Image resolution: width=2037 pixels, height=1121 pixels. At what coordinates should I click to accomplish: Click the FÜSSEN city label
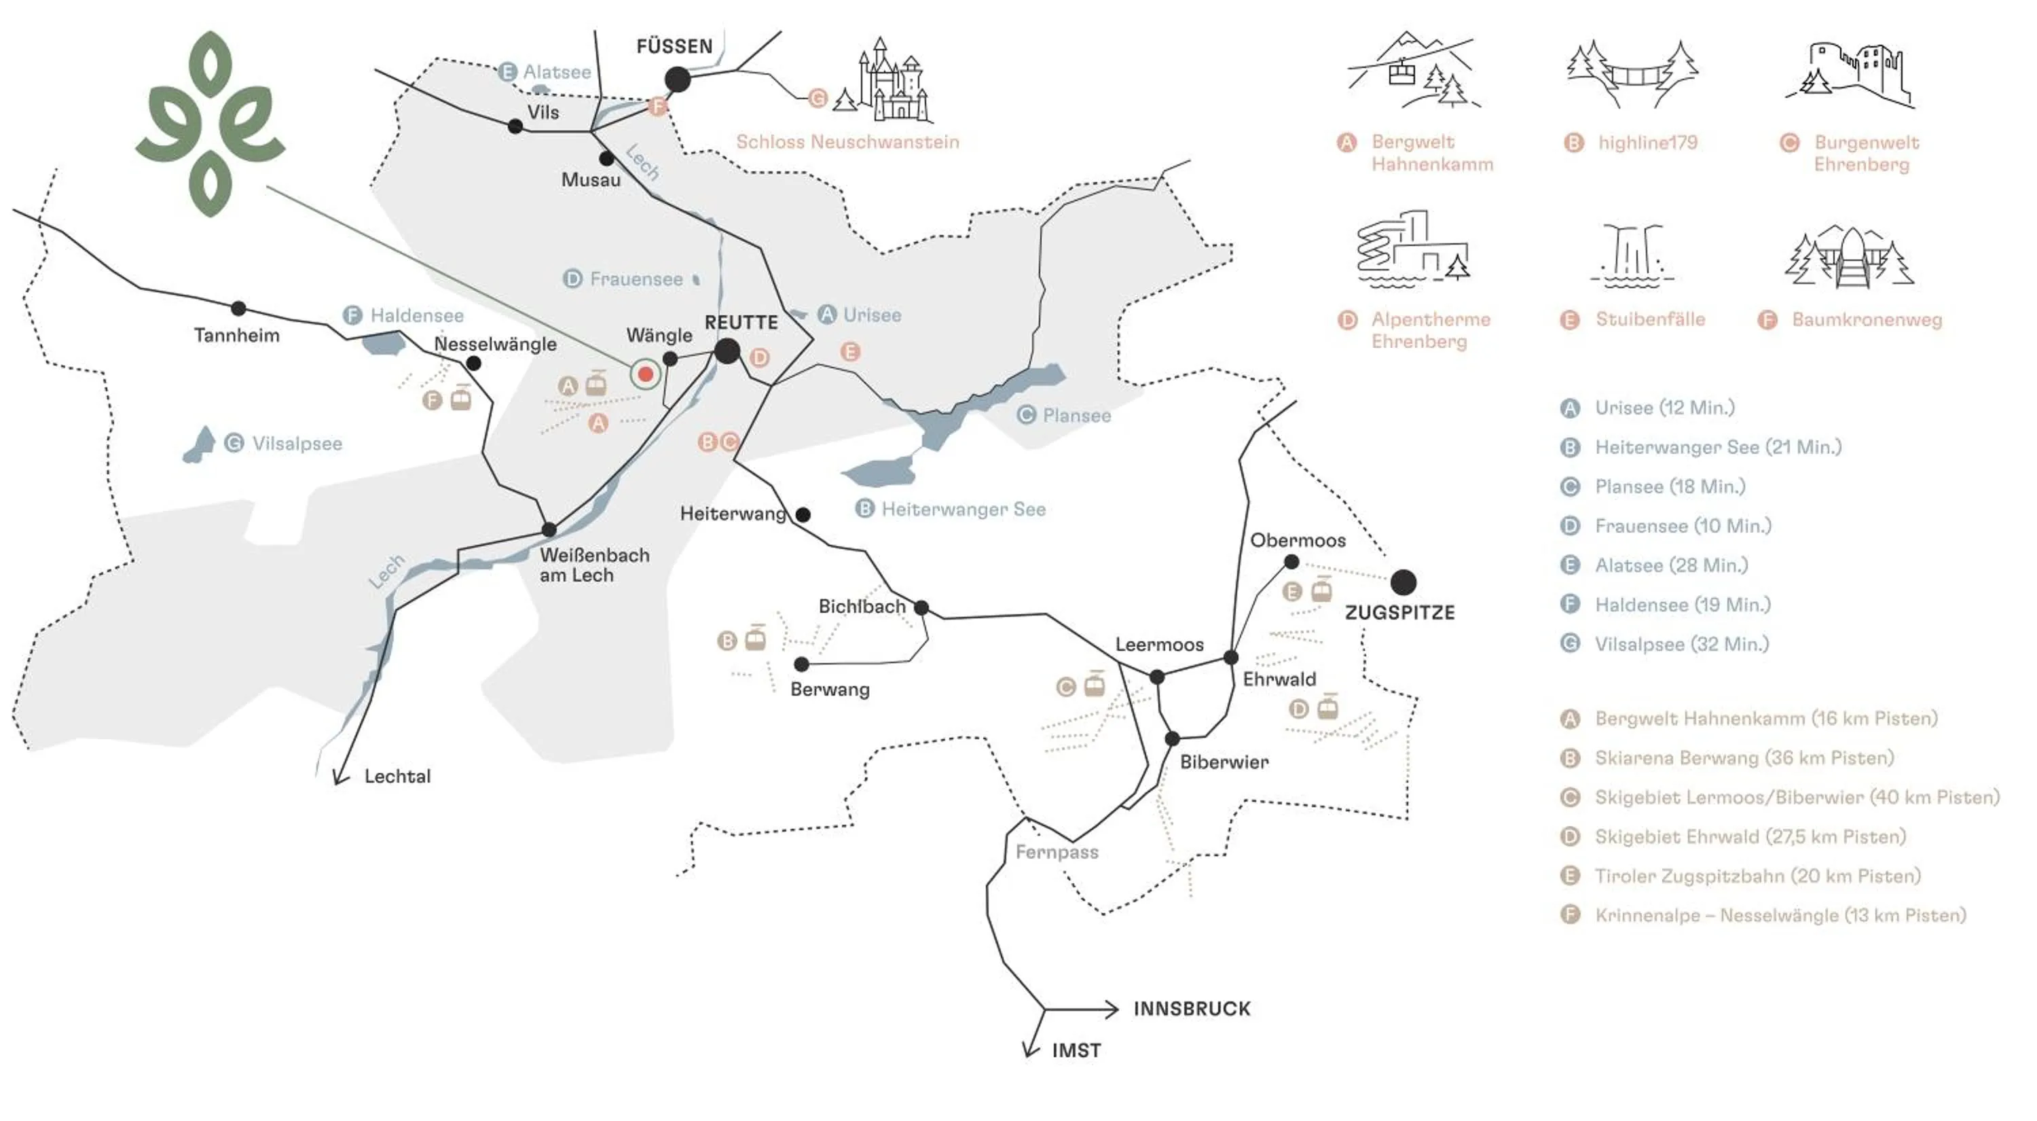click(x=674, y=47)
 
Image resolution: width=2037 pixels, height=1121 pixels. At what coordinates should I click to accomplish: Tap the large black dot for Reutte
click(x=727, y=351)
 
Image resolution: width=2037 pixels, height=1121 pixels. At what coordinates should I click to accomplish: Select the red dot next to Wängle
click(x=645, y=374)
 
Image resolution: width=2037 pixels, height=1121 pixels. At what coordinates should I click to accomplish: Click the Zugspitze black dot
click(x=1403, y=582)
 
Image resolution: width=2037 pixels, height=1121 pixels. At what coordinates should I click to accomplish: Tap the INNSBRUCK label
click(x=1192, y=1009)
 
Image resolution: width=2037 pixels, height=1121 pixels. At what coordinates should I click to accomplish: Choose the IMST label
click(x=1076, y=1050)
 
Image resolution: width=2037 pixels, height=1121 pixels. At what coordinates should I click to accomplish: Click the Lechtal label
click(x=398, y=776)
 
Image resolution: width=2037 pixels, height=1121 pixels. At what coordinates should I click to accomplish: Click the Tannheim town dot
click(x=238, y=308)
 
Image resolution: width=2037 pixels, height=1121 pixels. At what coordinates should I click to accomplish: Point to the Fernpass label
click(x=1057, y=852)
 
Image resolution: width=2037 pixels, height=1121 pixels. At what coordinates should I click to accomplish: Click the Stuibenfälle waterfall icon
click(x=1632, y=255)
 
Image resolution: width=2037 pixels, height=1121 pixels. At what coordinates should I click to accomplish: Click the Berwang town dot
click(x=802, y=664)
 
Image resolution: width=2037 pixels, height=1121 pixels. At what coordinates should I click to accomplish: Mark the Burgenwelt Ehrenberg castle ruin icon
click(x=1850, y=76)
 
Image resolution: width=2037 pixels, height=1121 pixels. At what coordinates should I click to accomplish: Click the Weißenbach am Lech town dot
click(x=549, y=529)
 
